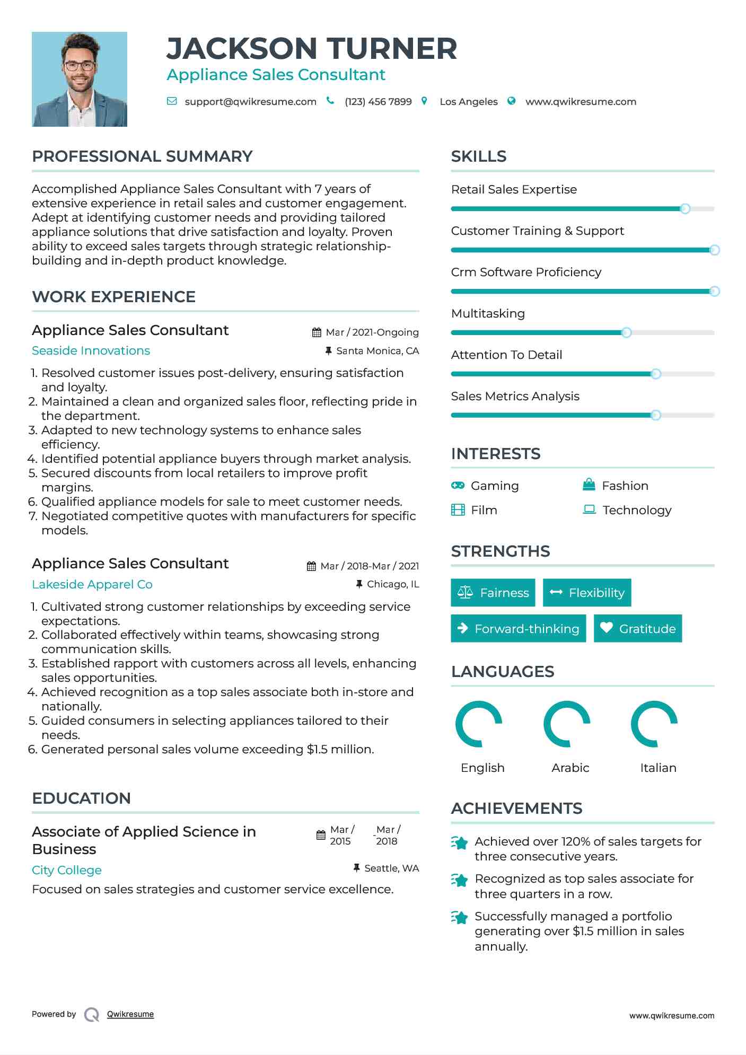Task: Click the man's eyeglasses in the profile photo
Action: pos(80,66)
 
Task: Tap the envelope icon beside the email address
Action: pos(172,101)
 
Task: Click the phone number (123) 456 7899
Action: pos(378,102)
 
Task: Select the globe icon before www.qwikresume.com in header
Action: pos(511,101)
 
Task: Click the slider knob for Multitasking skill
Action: pos(626,333)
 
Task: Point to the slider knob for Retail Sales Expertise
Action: pos(684,209)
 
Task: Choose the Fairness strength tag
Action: pos(493,593)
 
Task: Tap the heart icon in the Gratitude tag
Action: pos(606,628)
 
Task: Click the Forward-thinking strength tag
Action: pos(518,629)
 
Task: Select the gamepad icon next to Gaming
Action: pos(458,486)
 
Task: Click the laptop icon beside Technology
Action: pos(589,509)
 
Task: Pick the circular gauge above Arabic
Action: pos(567,724)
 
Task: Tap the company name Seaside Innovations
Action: pos(91,351)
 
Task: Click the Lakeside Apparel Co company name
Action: pos(92,585)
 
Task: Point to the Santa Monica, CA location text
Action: pos(378,351)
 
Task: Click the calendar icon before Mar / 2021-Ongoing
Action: pos(317,332)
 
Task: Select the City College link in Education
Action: pos(67,871)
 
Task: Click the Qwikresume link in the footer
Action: pos(130,1014)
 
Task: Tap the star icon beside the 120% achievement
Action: pos(460,842)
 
